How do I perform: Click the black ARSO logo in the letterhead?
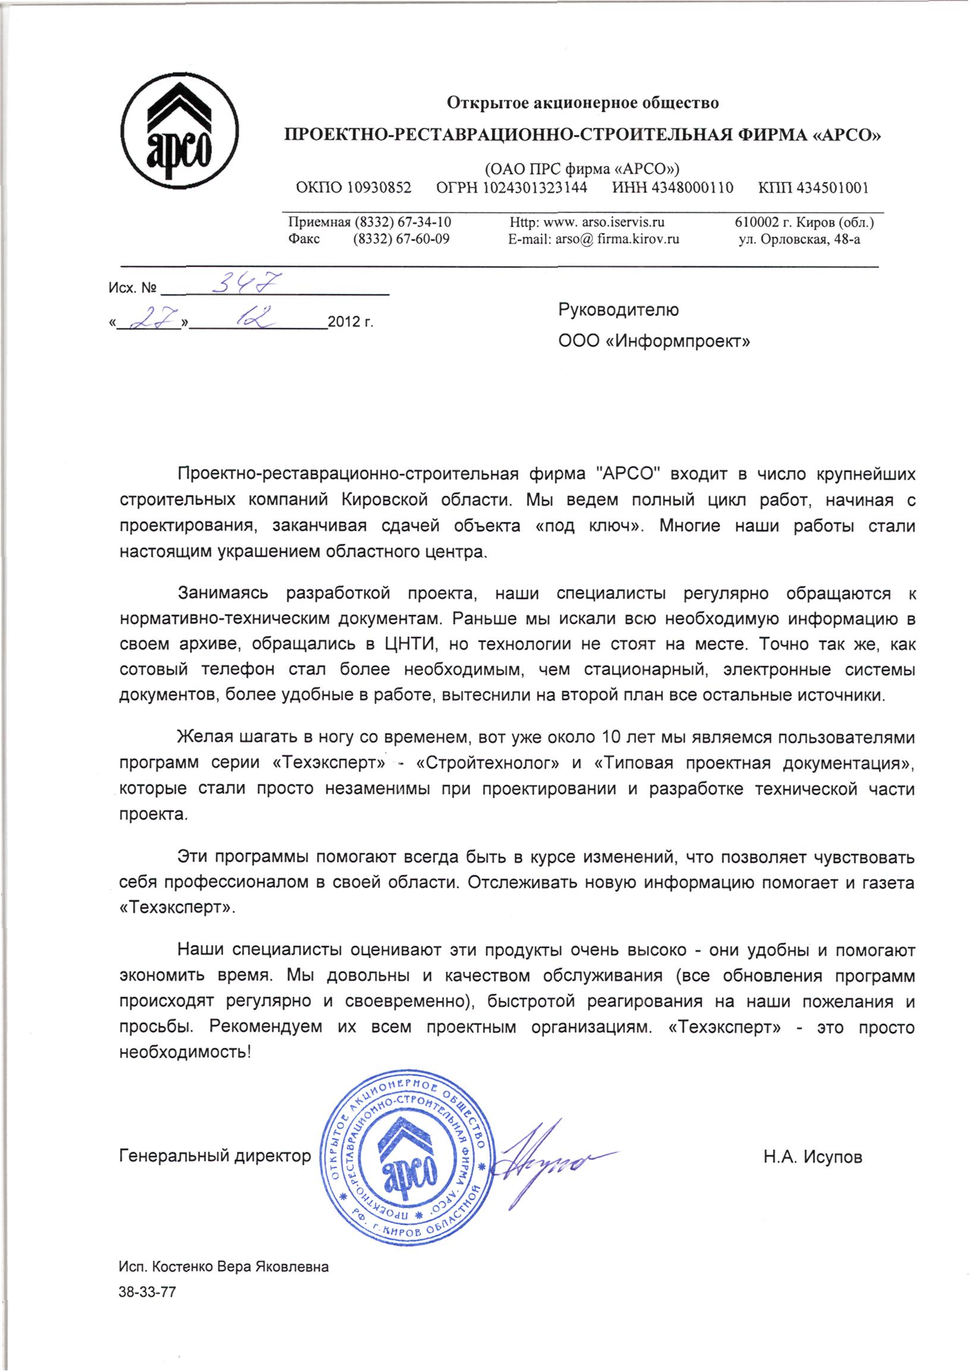click(x=180, y=133)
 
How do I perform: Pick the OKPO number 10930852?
click(x=379, y=188)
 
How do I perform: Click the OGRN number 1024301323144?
click(x=535, y=188)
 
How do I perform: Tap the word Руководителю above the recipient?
click(x=618, y=310)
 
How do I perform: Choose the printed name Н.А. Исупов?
click(x=813, y=1157)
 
